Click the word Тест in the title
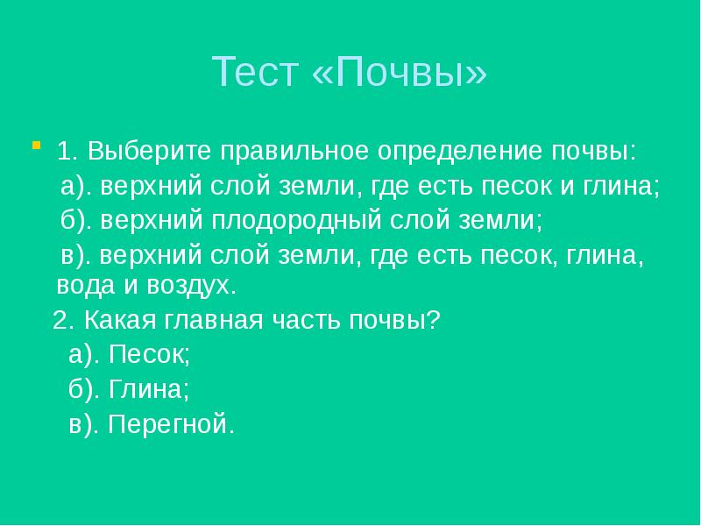[254, 73]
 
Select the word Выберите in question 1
[148, 150]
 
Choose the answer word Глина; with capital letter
[149, 388]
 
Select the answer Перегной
[173, 424]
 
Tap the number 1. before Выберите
[68, 150]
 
